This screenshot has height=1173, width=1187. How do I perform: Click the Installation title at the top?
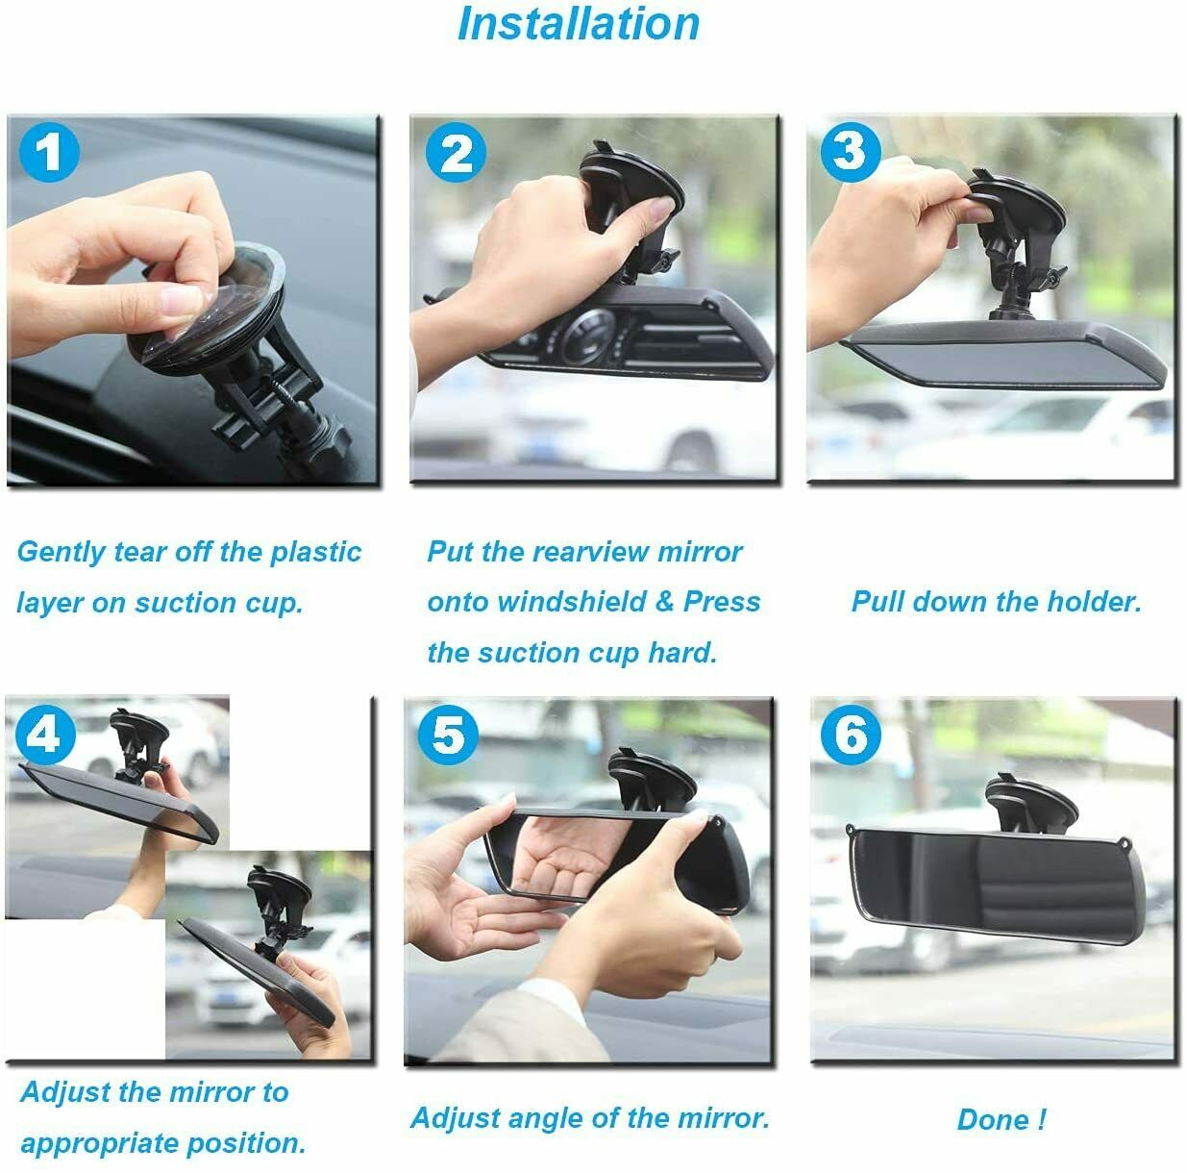pyautogui.click(x=578, y=24)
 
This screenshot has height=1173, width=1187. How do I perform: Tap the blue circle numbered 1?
pyautogui.click(x=48, y=152)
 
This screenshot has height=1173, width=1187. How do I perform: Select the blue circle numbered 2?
pyautogui.click(x=456, y=154)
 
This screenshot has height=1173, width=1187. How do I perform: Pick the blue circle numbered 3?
pyautogui.click(x=850, y=150)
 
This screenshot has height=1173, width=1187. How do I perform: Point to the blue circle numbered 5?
pyautogui.click(x=448, y=736)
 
